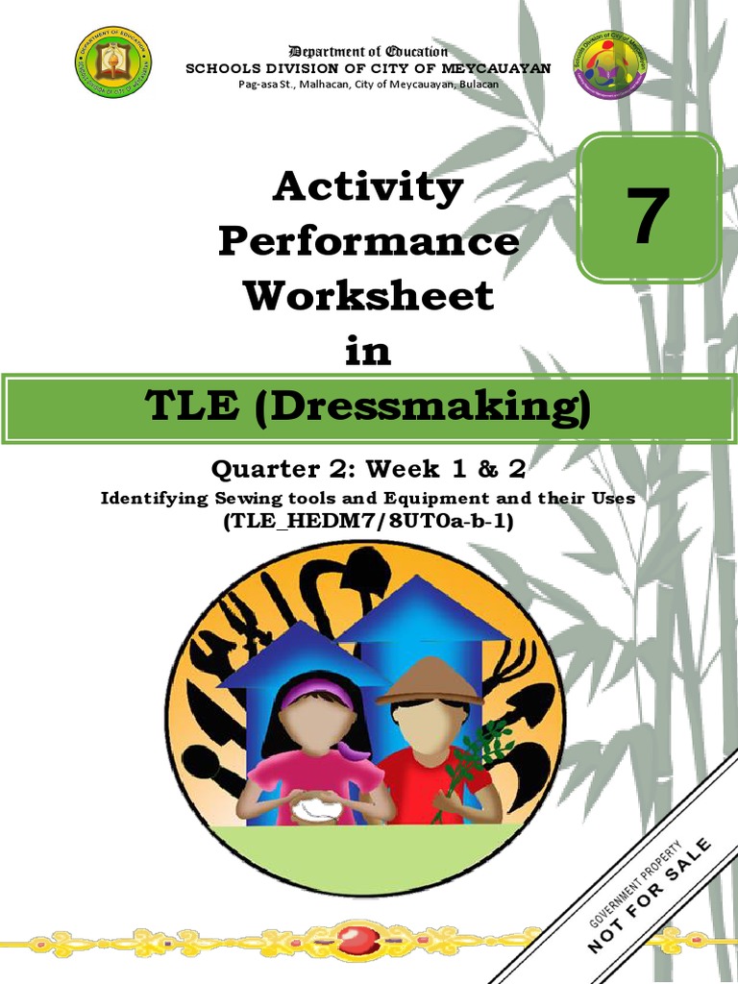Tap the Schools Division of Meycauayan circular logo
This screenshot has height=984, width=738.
(x=609, y=68)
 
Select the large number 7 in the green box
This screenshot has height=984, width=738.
(x=648, y=216)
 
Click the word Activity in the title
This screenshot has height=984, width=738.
(x=368, y=188)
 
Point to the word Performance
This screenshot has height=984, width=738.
(x=368, y=242)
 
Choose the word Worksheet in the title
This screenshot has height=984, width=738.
(x=368, y=296)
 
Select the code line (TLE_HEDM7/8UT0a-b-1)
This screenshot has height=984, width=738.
(x=368, y=522)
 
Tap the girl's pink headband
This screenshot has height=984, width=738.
(x=317, y=691)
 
